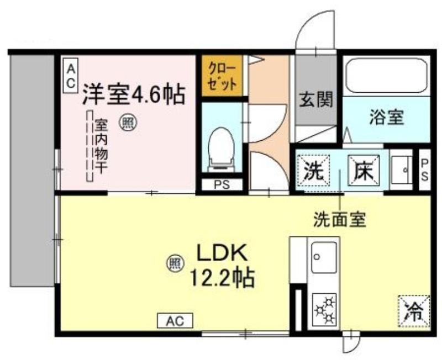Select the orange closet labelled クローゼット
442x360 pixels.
(x=222, y=76)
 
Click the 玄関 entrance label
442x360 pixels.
(x=316, y=99)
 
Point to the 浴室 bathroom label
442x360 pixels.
(x=387, y=117)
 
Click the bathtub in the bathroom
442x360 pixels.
(x=386, y=75)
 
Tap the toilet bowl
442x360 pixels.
(x=222, y=150)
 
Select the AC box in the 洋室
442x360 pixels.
(x=70, y=75)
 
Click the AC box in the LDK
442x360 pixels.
(x=175, y=321)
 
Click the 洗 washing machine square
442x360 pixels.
(x=313, y=171)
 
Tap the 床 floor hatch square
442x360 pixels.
(x=364, y=171)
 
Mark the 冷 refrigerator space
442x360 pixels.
(x=414, y=311)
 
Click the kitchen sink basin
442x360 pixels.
(x=324, y=257)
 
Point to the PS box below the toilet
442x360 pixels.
(x=222, y=185)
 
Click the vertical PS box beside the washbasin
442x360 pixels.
(x=424, y=170)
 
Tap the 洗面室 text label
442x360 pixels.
(x=340, y=219)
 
